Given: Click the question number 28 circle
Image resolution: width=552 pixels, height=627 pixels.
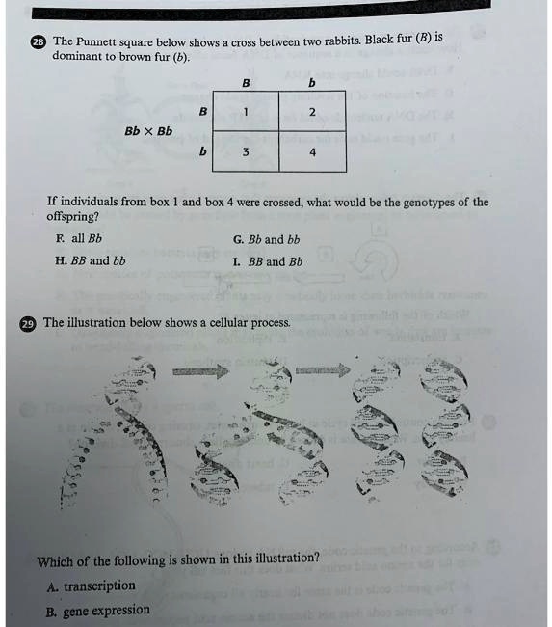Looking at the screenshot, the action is click(x=38, y=42).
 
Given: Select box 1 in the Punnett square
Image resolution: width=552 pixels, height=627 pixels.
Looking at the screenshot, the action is click(x=246, y=112).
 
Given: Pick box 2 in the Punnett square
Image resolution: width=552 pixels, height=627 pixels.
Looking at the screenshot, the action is click(x=312, y=113).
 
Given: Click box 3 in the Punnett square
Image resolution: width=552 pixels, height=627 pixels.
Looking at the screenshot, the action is click(x=246, y=152).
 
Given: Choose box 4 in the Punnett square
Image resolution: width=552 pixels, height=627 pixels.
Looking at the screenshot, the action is click(x=312, y=152).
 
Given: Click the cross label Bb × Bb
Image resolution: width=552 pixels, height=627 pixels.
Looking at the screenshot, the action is click(x=148, y=131).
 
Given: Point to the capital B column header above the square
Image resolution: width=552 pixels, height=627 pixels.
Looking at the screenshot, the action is click(x=246, y=83).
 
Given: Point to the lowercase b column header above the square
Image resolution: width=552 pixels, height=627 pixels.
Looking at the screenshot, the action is click(x=310, y=83).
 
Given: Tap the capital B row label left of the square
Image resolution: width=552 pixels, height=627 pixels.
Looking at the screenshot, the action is click(x=202, y=112).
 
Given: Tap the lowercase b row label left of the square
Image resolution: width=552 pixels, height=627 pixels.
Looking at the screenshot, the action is click(x=202, y=151).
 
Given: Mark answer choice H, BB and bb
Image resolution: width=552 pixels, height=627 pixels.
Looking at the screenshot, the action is click(x=91, y=260).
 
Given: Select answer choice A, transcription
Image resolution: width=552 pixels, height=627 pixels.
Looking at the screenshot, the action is click(x=90, y=586).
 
